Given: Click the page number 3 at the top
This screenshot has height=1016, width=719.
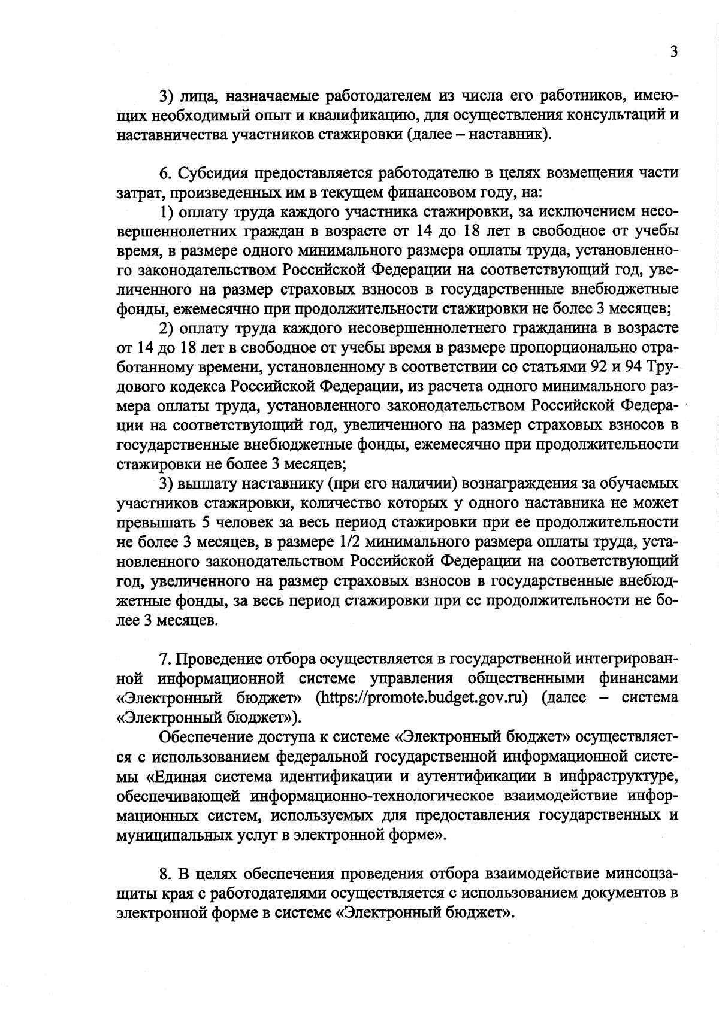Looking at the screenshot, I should coord(673,51).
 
